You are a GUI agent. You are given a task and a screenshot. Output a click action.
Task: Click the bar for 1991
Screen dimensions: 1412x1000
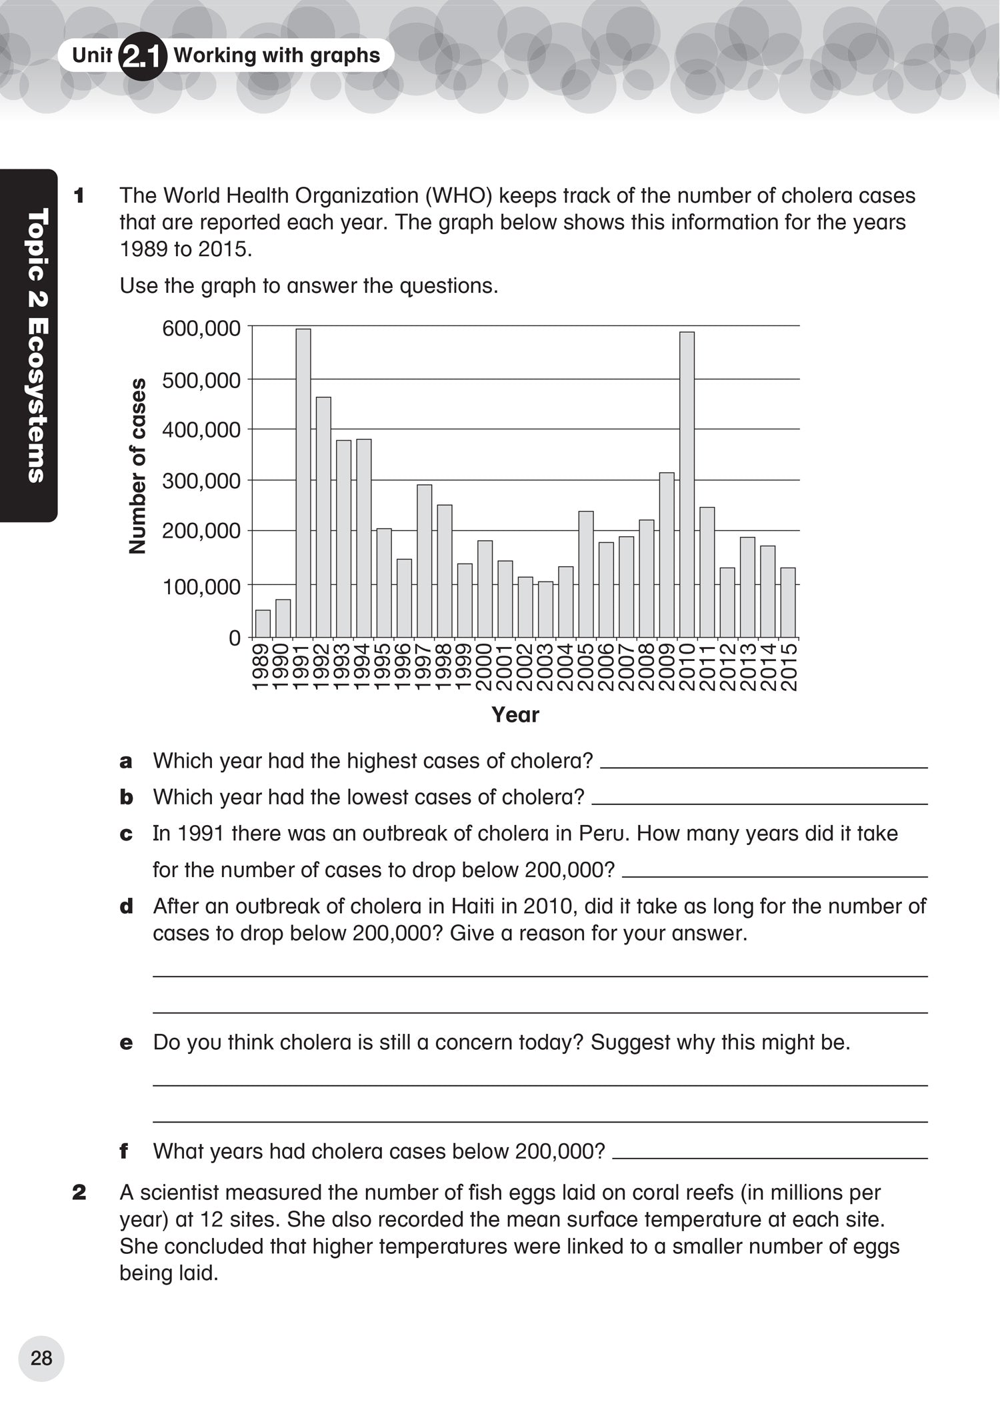coord(303,483)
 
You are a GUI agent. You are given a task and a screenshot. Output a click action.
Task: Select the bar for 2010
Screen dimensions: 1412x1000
coord(687,485)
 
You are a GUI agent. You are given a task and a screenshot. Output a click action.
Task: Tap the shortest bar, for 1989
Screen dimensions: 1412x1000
coord(263,624)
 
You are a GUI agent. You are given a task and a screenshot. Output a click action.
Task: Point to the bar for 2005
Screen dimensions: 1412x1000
coord(586,574)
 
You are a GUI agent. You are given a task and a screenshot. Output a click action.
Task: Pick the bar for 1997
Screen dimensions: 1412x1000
coord(425,561)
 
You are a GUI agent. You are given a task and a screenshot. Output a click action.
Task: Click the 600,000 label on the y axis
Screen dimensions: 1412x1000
coord(201,328)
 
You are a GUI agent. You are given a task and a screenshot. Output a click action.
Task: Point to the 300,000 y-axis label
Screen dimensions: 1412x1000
coord(201,481)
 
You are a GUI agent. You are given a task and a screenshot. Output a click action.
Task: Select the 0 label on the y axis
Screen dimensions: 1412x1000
coord(234,638)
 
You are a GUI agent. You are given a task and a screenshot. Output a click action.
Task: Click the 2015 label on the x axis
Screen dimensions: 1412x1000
coord(789,667)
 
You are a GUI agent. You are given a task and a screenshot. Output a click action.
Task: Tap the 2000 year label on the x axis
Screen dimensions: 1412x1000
coord(485,667)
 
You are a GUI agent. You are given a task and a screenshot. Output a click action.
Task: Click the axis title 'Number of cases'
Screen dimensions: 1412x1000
coord(137,466)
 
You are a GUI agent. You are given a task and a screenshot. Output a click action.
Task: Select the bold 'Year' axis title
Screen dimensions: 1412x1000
coord(515,715)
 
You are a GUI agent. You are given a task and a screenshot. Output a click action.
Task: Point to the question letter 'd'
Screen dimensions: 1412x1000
coord(126,906)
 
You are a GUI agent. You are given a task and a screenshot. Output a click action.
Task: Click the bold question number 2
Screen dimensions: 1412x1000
coord(79,1193)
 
